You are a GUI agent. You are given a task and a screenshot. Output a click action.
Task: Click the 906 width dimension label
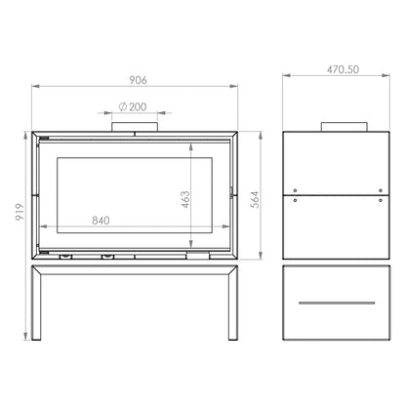[x=138, y=80]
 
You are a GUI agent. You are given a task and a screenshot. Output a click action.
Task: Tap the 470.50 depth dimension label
[x=343, y=69]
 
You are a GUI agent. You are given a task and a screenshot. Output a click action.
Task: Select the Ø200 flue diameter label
[x=133, y=106]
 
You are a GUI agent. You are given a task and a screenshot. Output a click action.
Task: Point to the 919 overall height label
[x=20, y=212]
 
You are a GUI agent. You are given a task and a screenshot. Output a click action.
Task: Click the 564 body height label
[x=256, y=199]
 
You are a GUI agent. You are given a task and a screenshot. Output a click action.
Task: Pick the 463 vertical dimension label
[x=185, y=199]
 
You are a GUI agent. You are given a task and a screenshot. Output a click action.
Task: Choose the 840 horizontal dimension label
[x=101, y=221]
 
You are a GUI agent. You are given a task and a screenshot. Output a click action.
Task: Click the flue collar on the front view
[x=135, y=127]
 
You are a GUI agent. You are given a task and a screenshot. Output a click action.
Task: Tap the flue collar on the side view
[x=345, y=127]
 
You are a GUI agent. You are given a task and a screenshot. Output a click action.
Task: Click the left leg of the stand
[x=36, y=303]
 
